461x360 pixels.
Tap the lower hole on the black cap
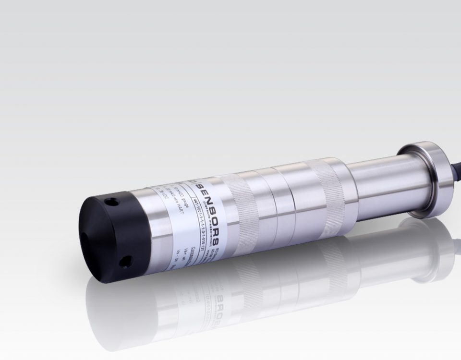(126, 261)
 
